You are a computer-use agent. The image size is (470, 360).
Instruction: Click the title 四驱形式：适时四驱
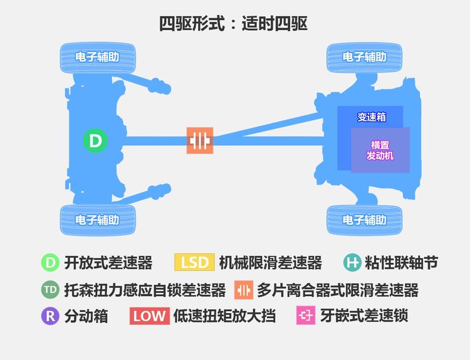coord(233,24)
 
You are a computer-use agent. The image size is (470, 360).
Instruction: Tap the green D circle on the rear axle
coord(95,140)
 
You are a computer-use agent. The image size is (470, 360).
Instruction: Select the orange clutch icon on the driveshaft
coord(200,140)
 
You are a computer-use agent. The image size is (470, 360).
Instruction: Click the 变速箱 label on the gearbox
coord(372,117)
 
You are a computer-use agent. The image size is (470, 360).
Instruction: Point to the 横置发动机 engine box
coord(380,150)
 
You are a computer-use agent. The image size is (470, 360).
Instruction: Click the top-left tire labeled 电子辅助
coord(97,58)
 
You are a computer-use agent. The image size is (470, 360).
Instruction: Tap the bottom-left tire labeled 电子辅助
coord(97,220)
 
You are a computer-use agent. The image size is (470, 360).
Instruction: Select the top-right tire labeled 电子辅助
coord(364,58)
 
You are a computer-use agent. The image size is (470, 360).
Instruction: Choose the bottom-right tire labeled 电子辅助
coord(364,220)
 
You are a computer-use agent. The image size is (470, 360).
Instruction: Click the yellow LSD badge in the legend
coord(194,262)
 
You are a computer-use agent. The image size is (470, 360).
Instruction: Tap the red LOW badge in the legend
coord(150,316)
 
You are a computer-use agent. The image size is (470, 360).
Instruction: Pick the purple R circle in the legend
coord(50,316)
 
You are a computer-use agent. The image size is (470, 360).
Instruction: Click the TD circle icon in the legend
coord(50,290)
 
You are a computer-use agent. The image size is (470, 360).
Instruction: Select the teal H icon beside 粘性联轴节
coord(352,263)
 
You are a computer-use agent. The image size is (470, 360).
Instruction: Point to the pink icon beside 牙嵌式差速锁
coord(306,316)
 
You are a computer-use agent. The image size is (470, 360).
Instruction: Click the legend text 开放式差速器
coord(108,263)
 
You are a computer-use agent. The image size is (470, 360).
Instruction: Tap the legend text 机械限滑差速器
coord(270,263)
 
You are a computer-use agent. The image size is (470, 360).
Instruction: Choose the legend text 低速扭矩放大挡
coord(225,316)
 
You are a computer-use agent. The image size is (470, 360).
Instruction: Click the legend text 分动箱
coord(86,316)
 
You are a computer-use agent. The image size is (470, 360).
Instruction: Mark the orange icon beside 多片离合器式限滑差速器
coord(244,290)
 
